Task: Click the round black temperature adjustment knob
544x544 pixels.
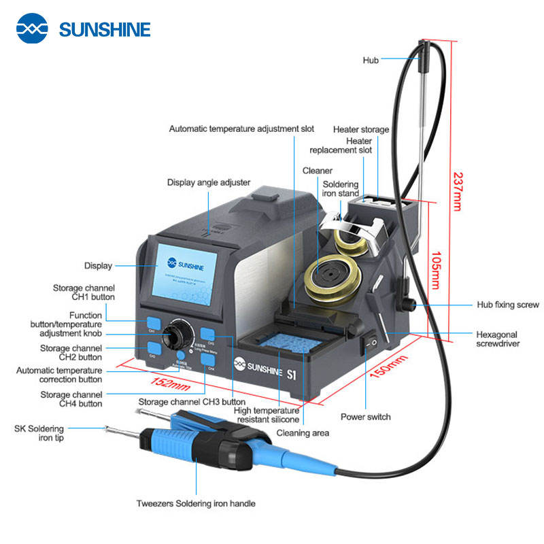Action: coord(180,336)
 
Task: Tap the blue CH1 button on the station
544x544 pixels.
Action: coord(152,322)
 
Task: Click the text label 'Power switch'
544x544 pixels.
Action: coord(365,417)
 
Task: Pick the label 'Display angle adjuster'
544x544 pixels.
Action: coord(209,182)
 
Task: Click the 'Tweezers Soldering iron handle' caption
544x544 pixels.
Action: coord(197,504)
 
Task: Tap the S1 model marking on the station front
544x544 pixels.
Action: coord(291,373)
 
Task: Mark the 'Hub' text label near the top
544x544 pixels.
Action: coord(371,61)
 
